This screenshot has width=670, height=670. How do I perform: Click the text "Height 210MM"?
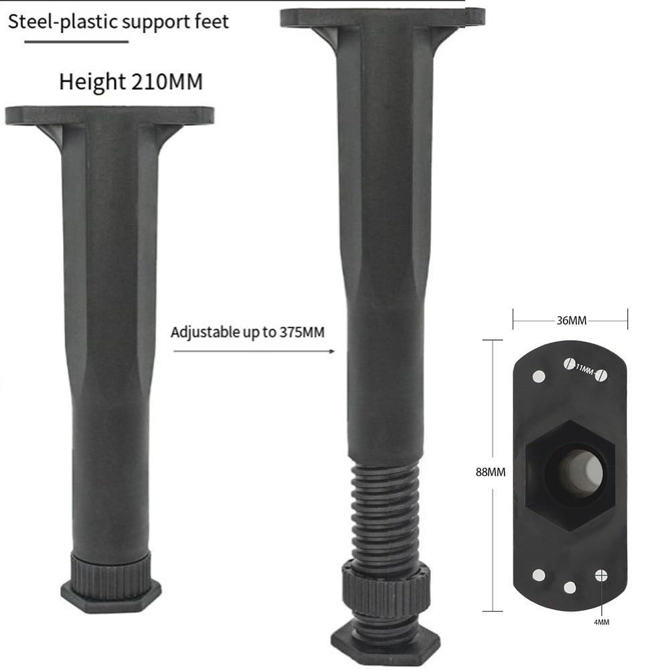click(131, 82)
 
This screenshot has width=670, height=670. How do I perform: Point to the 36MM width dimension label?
click(570, 321)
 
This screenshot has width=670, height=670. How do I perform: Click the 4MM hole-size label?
click(600, 622)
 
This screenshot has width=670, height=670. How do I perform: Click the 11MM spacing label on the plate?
click(584, 368)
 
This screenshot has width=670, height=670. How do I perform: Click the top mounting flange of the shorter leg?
click(109, 115)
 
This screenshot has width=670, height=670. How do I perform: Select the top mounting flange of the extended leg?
click(382, 17)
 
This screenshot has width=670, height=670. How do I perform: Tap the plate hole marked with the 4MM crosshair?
click(601, 575)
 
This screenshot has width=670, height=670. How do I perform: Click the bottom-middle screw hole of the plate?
click(570, 588)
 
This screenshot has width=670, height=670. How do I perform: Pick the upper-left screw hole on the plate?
click(539, 376)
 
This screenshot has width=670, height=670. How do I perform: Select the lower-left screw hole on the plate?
click(539, 575)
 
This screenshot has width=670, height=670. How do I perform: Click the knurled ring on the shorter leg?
click(110, 568)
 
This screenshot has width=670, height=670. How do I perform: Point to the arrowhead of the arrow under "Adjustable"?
click(332, 350)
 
